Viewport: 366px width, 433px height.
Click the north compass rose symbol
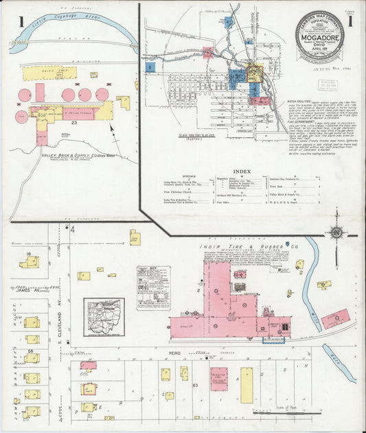tap(336, 233)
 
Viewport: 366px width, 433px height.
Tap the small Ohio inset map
tap(104, 316)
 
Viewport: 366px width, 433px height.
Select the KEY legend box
tap(152, 287)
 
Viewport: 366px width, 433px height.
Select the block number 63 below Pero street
tap(195, 386)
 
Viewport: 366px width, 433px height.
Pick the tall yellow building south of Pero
tap(247, 385)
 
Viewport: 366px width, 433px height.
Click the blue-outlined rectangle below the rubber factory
tap(273, 340)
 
